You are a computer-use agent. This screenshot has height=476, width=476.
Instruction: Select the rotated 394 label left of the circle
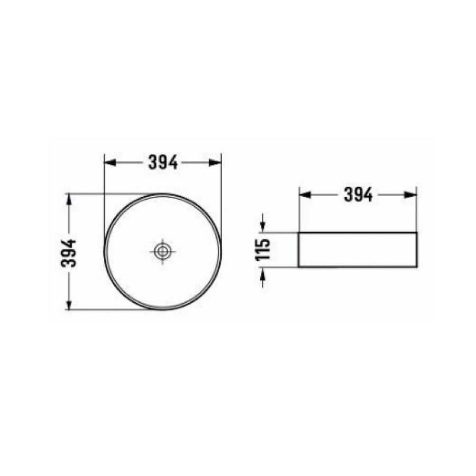(71, 253)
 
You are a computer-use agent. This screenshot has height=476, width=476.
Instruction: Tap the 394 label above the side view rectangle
(358, 195)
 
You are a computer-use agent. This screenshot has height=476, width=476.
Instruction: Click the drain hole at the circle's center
(162, 251)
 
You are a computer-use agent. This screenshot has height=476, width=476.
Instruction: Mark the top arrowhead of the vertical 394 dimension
(69, 198)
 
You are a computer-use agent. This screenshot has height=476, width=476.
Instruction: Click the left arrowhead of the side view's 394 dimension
(304, 195)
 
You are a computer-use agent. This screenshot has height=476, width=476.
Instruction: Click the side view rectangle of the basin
(358, 250)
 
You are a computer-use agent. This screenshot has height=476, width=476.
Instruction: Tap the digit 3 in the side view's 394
(349, 195)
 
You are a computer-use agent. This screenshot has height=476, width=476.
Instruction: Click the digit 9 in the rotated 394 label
(71, 253)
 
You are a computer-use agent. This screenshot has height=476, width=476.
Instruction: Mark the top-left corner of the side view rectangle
(299, 233)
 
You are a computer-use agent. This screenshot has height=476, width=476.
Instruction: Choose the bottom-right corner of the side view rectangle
(417, 267)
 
